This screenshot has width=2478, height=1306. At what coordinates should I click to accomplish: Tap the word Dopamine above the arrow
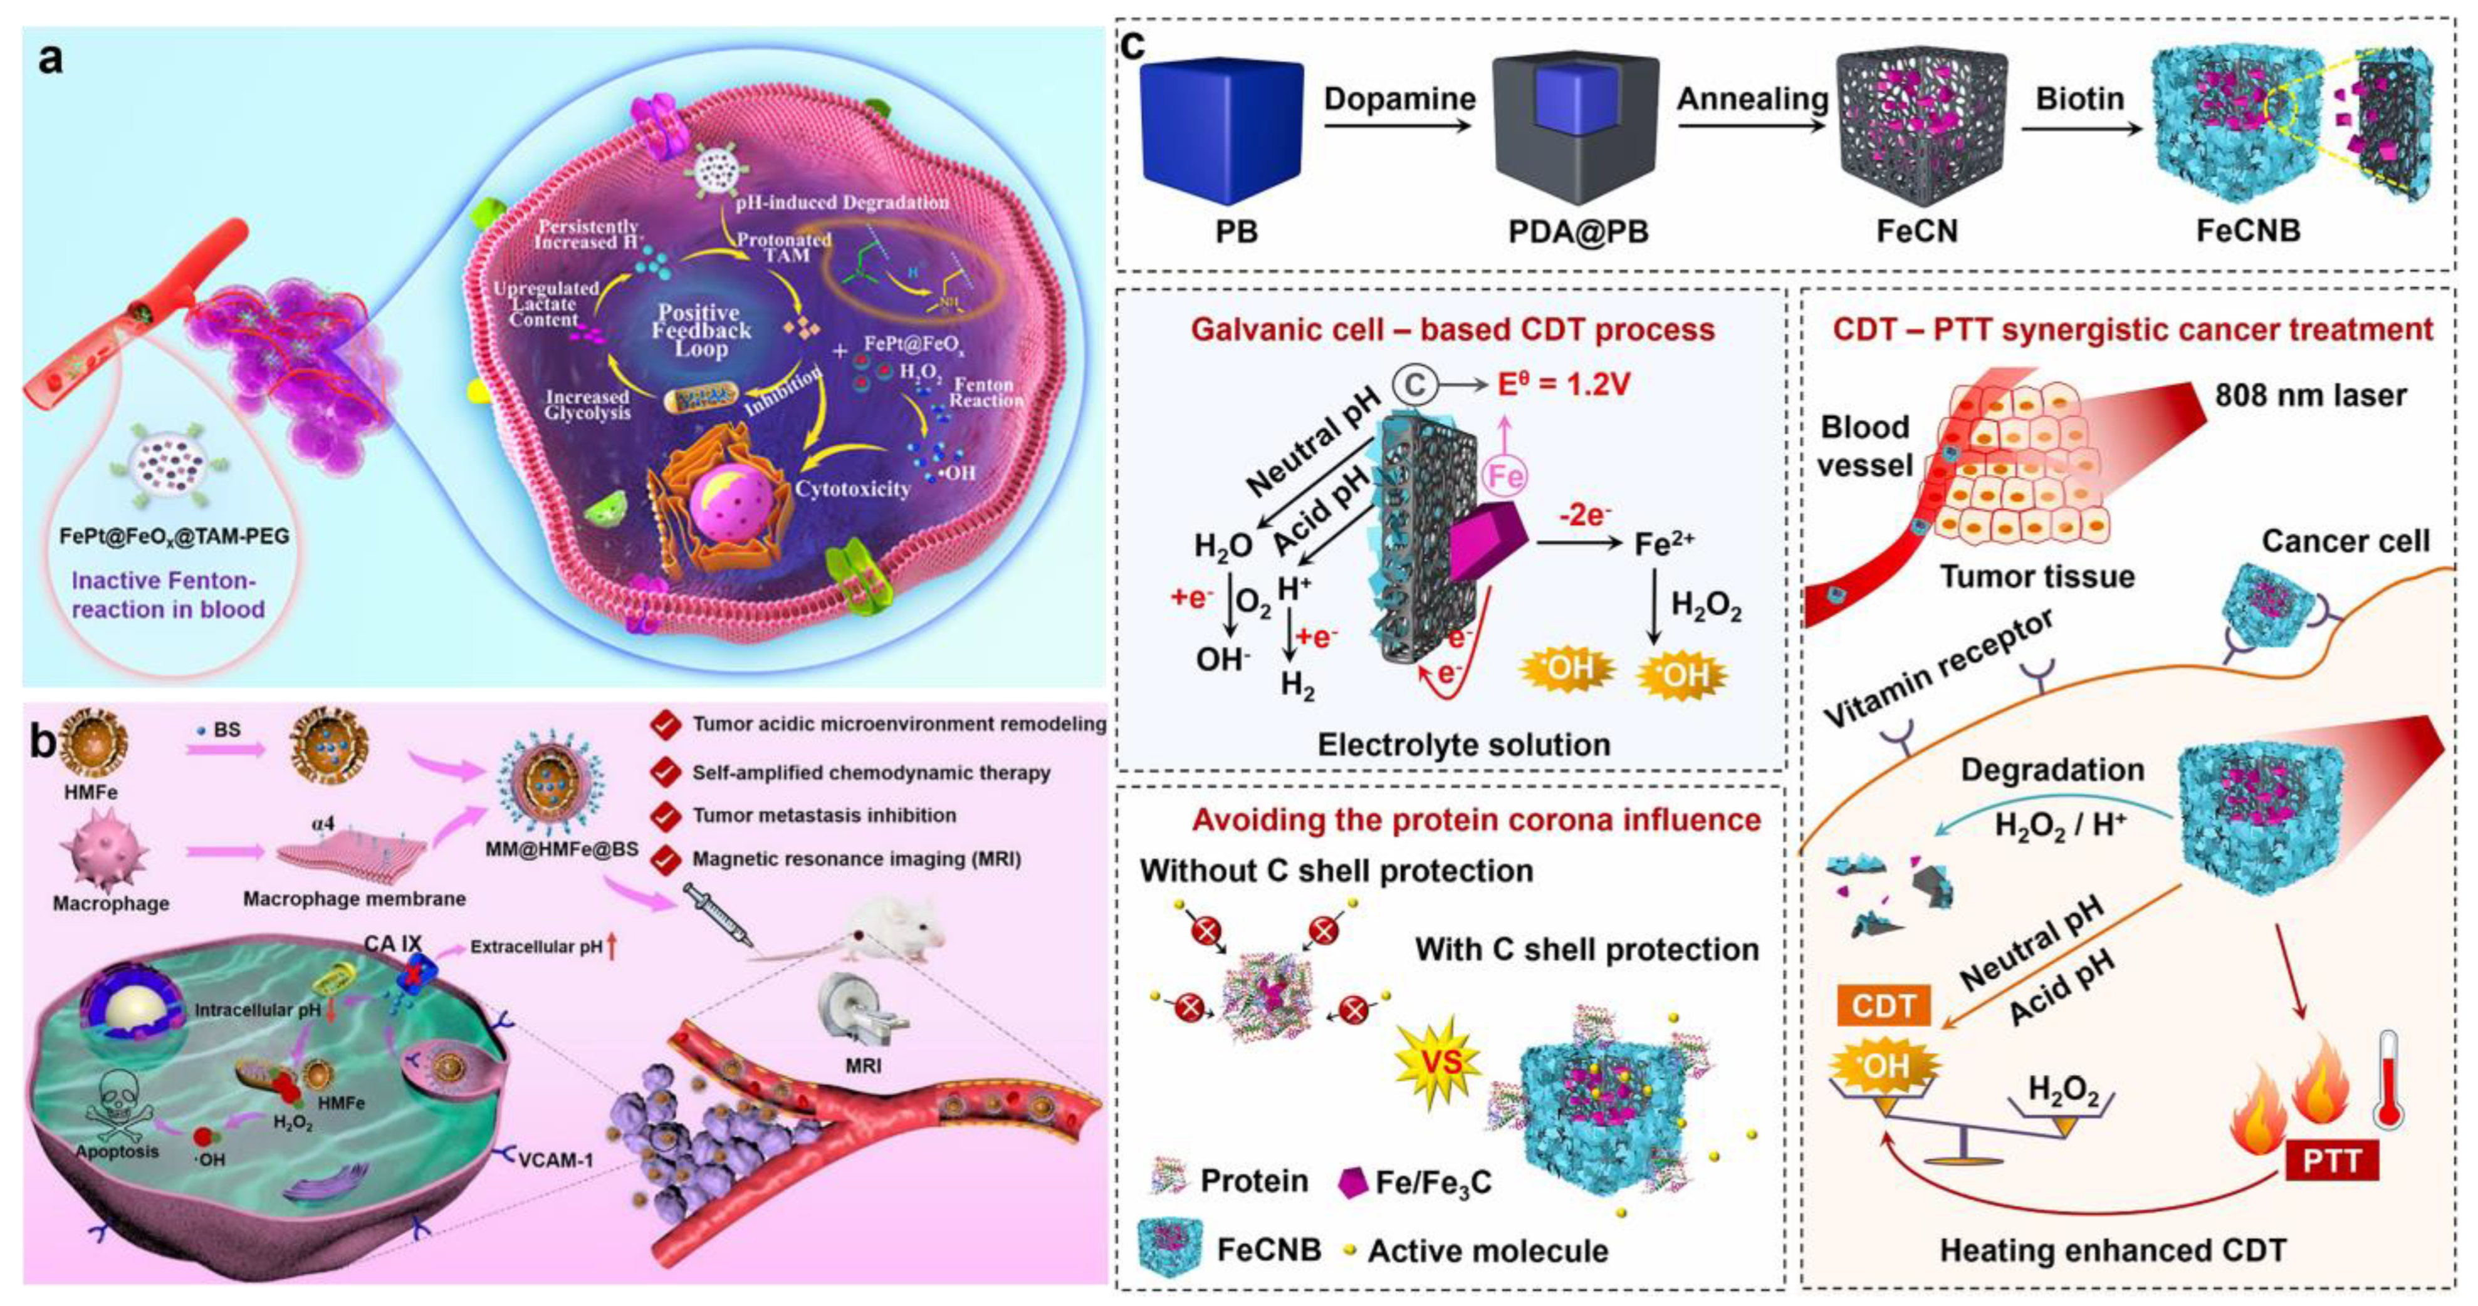(1399, 99)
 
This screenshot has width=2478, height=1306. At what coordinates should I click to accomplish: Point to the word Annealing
(1753, 99)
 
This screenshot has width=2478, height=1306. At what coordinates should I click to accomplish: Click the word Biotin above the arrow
(2080, 99)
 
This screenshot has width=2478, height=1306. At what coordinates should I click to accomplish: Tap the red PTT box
(2332, 1160)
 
